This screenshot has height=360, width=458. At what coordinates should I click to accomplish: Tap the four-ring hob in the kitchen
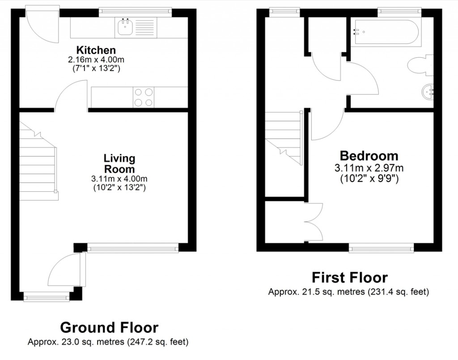[144, 97]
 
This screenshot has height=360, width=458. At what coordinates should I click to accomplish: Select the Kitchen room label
[96, 50]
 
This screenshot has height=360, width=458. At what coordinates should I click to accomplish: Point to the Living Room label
[119, 164]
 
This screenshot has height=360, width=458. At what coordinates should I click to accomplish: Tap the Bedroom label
[369, 156]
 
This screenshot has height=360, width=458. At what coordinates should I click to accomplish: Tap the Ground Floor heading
[109, 327]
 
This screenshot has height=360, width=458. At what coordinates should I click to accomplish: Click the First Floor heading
[349, 278]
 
